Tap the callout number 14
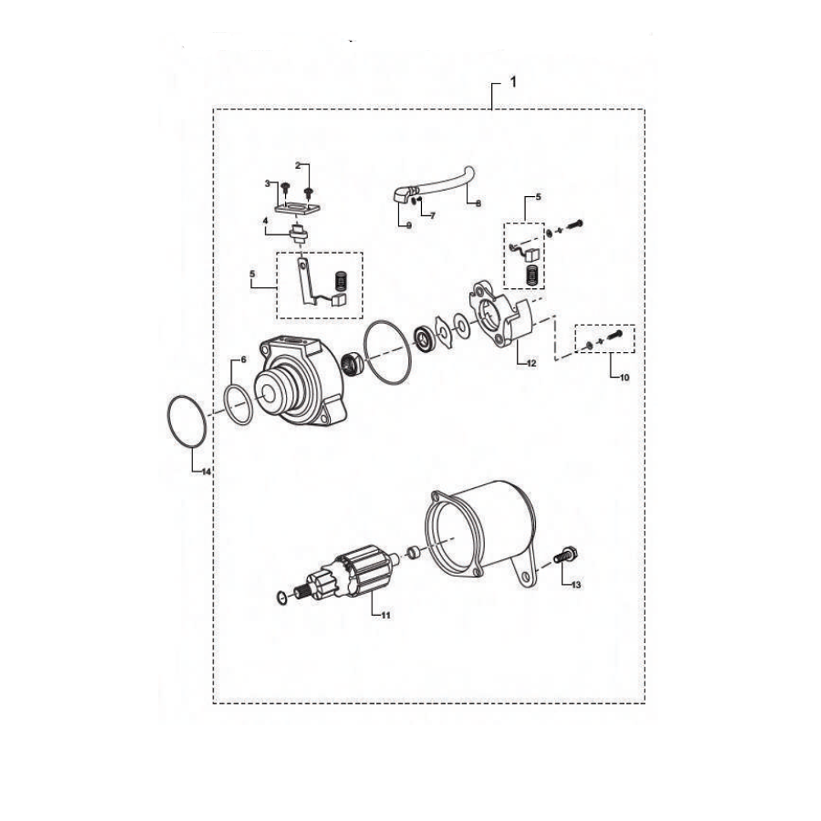(x=206, y=472)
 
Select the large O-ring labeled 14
(x=186, y=421)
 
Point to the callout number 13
(x=576, y=585)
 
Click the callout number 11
(x=385, y=616)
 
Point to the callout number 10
(x=625, y=377)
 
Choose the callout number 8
(x=478, y=204)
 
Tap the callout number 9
(x=407, y=226)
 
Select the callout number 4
(x=265, y=221)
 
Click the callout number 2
(x=298, y=164)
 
